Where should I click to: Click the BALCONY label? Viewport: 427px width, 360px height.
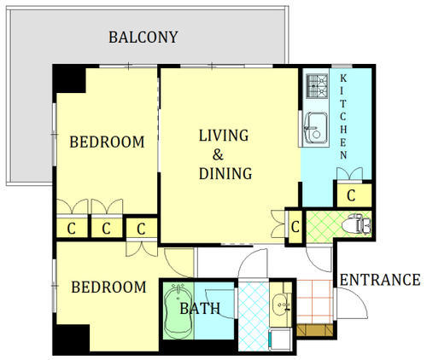(143, 38)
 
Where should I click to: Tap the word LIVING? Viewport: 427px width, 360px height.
(224, 136)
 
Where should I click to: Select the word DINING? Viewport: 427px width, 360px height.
(225, 173)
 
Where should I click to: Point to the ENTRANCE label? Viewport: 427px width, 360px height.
(380, 280)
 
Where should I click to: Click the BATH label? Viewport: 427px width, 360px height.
(200, 309)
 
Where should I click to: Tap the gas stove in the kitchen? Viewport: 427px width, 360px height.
(317, 84)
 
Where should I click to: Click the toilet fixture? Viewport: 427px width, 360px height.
(356, 224)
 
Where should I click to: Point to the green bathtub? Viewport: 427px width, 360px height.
(178, 311)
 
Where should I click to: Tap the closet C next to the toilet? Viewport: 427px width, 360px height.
(295, 227)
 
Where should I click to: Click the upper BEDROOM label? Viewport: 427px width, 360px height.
(107, 142)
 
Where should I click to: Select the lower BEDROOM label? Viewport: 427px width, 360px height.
(108, 287)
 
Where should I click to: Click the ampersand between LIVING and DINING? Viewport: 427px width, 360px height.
(218, 155)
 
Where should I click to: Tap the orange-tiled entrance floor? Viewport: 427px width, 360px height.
(315, 302)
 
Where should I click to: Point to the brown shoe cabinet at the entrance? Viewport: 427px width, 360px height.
(315, 330)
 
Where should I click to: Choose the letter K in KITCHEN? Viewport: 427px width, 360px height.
(343, 78)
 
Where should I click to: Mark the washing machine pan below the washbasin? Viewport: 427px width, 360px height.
(280, 340)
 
